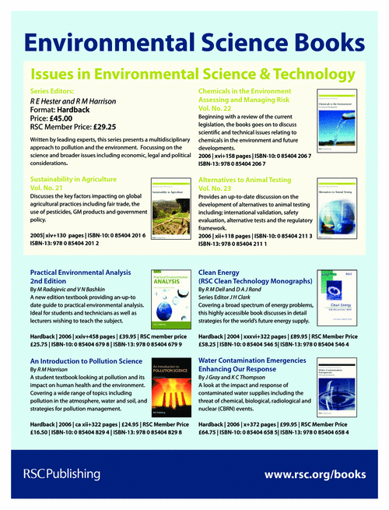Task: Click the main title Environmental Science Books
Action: tap(194, 41)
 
